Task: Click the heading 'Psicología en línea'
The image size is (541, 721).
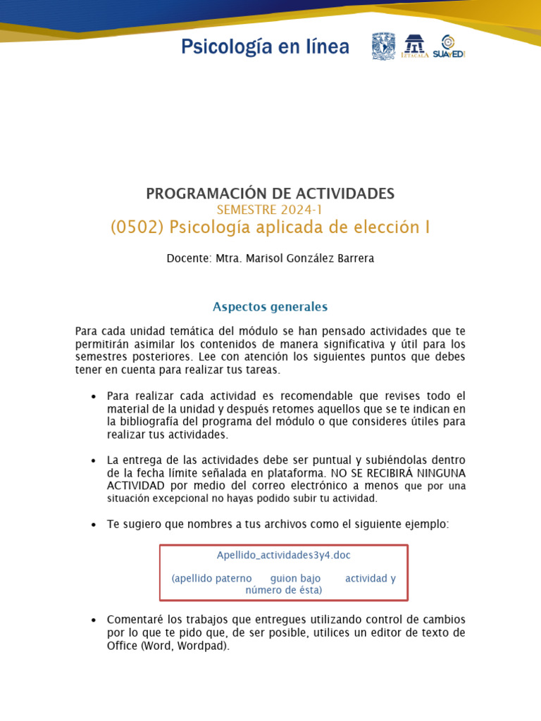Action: tap(265, 47)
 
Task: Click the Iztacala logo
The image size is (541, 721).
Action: tap(414, 46)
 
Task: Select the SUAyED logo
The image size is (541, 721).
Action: tap(449, 46)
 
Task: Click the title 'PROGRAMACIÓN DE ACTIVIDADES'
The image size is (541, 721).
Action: tap(270, 194)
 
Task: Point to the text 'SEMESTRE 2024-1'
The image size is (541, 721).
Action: tap(270, 210)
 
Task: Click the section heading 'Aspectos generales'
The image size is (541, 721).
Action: tap(270, 307)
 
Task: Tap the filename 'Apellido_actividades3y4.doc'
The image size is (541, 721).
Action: tap(283, 556)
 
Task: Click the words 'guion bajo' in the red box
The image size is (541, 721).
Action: tap(295, 579)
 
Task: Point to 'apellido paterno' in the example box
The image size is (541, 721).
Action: tap(212, 579)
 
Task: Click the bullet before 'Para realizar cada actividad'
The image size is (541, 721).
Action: tap(93, 397)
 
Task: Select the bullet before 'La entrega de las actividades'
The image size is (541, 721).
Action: tap(93, 461)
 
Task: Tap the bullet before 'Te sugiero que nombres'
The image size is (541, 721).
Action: tap(93, 525)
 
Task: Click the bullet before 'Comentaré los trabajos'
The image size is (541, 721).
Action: tap(93, 620)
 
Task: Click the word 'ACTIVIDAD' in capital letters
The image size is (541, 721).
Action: tap(136, 486)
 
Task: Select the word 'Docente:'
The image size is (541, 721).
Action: tap(188, 258)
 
